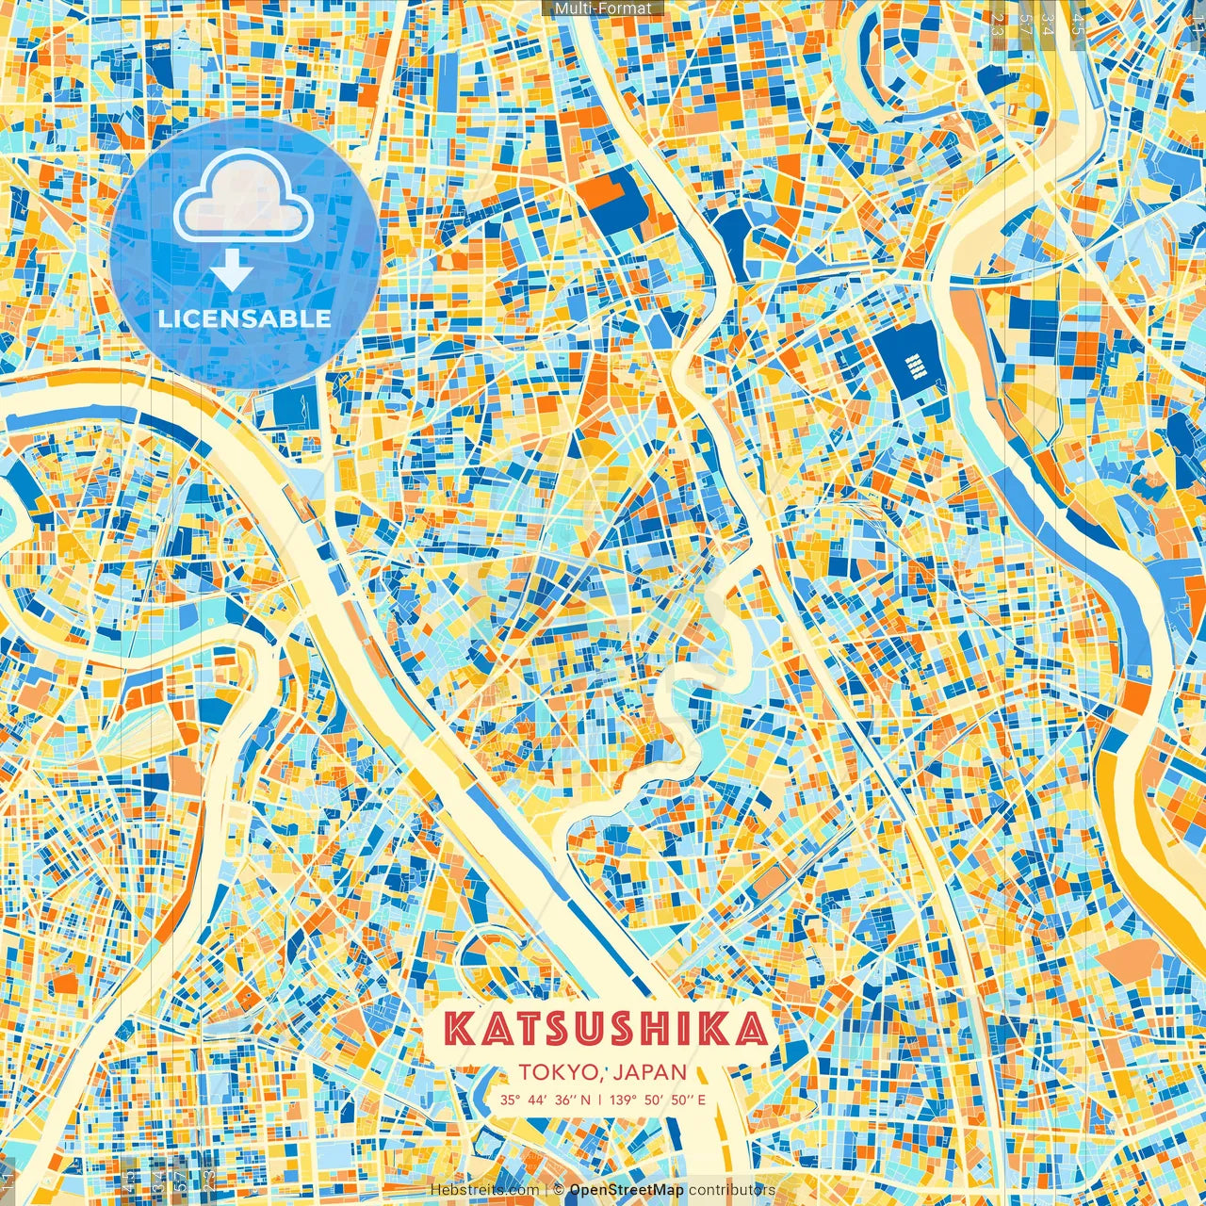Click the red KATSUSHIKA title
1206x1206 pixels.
click(604, 1029)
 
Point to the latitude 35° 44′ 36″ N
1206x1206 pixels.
click(546, 1100)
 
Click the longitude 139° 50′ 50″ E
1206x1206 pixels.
click(658, 1100)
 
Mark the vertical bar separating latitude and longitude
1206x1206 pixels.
click(600, 1100)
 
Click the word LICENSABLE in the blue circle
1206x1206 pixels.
click(244, 318)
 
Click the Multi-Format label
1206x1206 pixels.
click(603, 8)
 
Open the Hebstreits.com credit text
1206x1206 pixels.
click(484, 1190)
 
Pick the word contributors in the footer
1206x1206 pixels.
click(732, 1190)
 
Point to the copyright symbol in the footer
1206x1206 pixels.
click(558, 1190)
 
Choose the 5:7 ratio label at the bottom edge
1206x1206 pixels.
click(155, 1178)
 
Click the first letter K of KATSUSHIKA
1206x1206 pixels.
click(459, 1029)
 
